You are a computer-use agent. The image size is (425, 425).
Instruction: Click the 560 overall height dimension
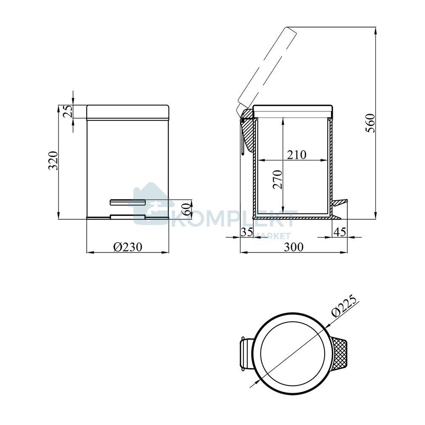click(x=371, y=123)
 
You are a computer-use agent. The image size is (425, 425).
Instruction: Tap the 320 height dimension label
click(x=53, y=161)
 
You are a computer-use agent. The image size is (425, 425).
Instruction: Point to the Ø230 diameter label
click(x=127, y=247)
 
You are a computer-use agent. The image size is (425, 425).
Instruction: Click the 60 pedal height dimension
click(x=187, y=209)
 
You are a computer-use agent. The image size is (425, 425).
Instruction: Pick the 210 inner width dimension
click(x=297, y=155)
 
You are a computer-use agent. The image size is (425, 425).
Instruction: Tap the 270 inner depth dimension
click(x=278, y=179)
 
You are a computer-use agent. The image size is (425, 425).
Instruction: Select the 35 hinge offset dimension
click(x=247, y=232)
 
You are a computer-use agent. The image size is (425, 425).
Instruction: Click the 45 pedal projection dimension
click(x=340, y=232)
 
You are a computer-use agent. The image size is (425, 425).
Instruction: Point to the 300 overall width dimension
click(x=294, y=247)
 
